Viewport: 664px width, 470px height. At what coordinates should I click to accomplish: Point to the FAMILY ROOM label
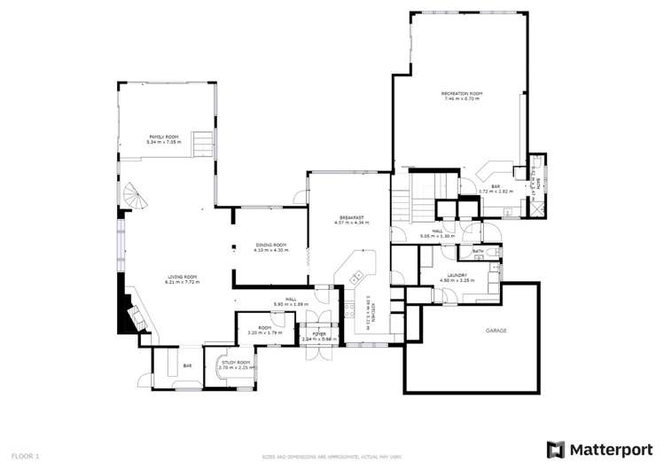coord(163,137)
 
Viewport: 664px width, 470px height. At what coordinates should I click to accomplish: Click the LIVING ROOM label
coord(183,277)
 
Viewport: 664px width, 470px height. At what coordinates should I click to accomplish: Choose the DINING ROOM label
coord(270,245)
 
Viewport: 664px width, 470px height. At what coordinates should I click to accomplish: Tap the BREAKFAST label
coord(351,217)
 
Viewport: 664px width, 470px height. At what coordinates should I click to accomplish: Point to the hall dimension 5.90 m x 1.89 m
coord(285,304)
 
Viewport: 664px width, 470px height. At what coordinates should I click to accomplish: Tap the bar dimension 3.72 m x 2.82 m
coord(490,191)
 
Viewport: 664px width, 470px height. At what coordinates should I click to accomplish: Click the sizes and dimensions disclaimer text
coord(332,456)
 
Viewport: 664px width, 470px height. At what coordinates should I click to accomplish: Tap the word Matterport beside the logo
coord(613,450)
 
